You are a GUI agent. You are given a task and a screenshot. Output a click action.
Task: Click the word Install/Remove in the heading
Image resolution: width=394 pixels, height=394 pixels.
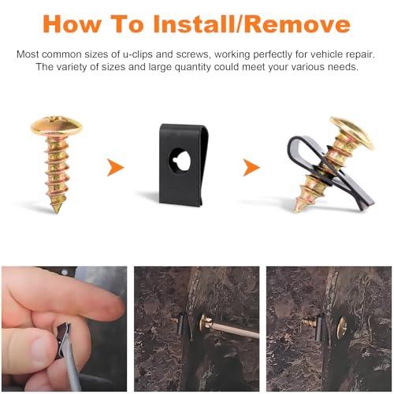point(252,24)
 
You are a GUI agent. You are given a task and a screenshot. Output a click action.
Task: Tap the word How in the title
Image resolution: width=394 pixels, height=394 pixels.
point(72,24)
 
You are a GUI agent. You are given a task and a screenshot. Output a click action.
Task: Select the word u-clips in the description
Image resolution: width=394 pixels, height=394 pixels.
point(138,54)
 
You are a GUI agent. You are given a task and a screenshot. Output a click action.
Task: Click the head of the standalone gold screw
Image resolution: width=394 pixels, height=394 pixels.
point(56,125)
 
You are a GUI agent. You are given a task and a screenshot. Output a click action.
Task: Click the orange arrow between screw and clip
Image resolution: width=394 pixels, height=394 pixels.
point(115,167)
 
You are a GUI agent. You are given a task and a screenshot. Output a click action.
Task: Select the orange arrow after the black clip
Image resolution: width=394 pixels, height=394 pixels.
point(251,167)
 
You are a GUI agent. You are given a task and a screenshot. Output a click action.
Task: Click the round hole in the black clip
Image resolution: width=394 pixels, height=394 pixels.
point(180,160)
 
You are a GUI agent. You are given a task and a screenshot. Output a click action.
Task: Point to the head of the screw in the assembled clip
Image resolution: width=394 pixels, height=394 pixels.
point(353,133)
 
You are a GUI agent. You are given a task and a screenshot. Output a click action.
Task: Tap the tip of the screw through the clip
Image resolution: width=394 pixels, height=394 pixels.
point(298,209)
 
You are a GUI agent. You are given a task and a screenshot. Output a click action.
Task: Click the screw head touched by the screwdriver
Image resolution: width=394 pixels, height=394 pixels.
point(206,322)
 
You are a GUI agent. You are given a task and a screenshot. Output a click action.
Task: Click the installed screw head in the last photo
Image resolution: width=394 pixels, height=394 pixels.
point(342,327)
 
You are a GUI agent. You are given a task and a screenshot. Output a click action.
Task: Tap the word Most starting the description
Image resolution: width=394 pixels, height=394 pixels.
point(28,54)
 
